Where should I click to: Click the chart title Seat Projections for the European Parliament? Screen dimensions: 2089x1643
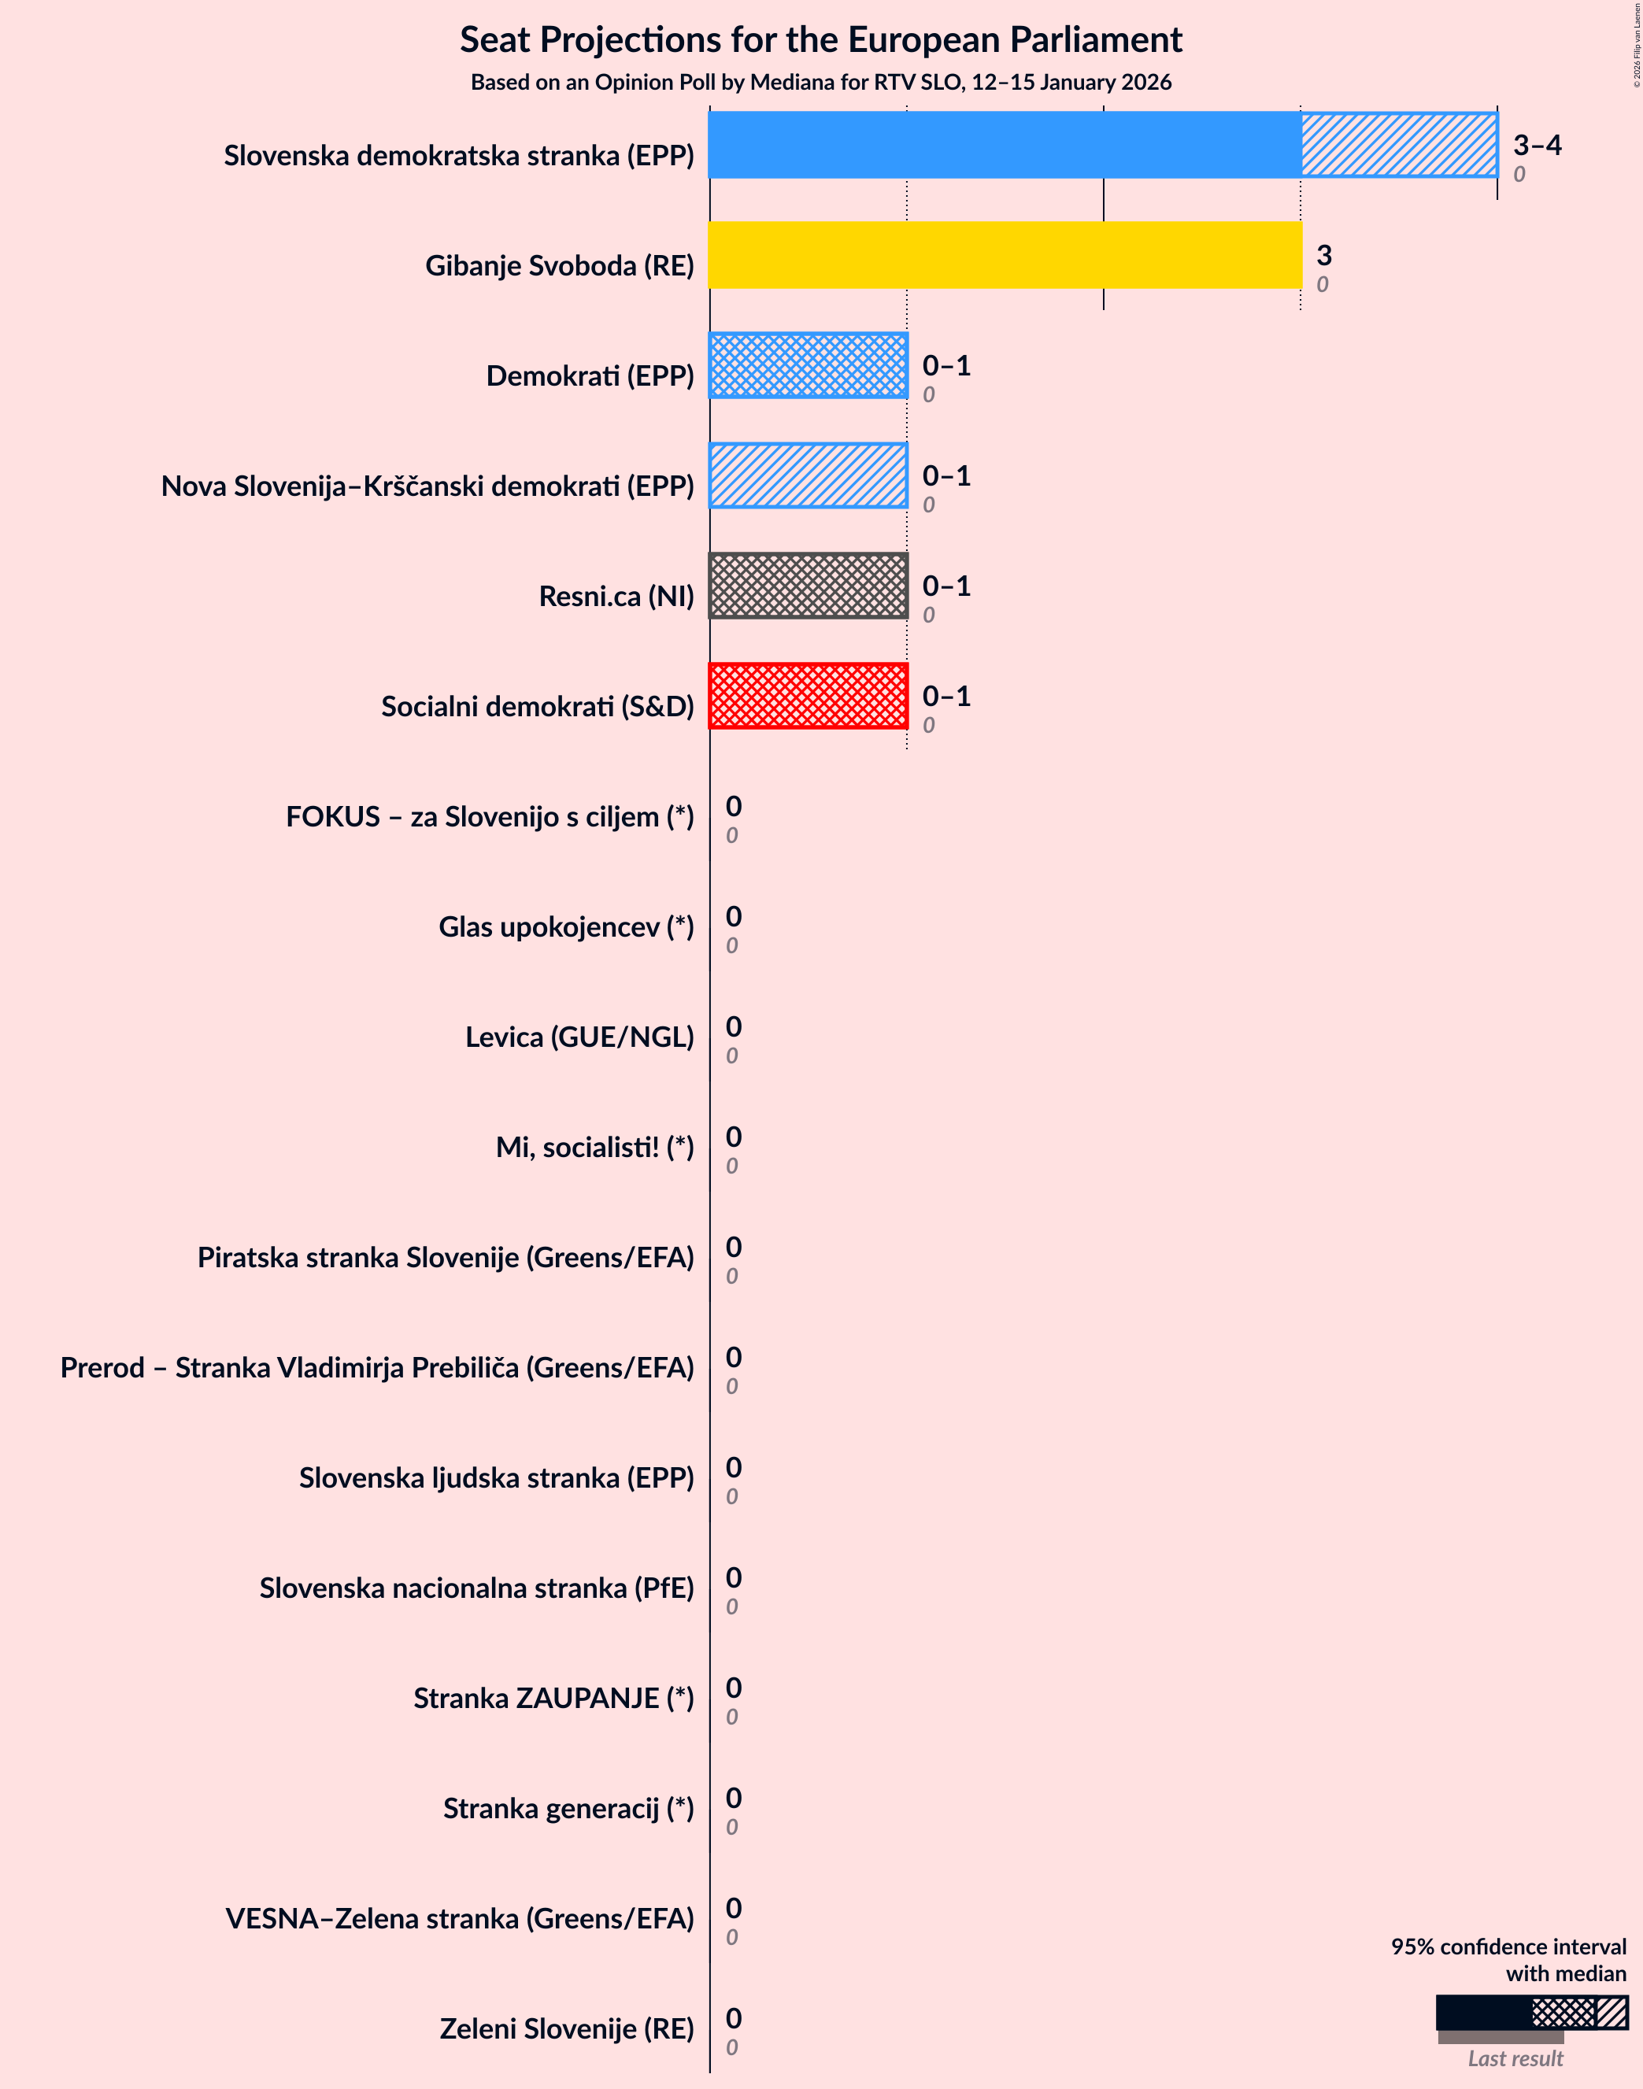click(x=820, y=39)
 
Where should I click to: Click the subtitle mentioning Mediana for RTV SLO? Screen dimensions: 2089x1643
click(x=820, y=83)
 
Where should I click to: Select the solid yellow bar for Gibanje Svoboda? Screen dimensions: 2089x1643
click(x=1005, y=255)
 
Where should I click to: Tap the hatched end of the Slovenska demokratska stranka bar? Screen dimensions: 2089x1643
click(x=1399, y=146)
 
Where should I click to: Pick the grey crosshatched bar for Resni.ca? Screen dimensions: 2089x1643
click(x=808, y=586)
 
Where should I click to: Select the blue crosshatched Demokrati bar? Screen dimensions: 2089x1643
click(x=808, y=365)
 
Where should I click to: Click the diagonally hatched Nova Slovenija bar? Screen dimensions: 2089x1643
click(x=808, y=475)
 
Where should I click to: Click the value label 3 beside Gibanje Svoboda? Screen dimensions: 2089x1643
click(x=1323, y=255)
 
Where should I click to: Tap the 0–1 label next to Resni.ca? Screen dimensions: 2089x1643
click(x=945, y=586)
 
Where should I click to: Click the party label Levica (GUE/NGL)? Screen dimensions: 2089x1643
click(x=579, y=1037)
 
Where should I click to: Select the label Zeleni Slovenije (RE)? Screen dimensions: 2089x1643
click(x=567, y=2028)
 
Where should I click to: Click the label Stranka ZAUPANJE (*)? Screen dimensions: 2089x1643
click(x=553, y=1698)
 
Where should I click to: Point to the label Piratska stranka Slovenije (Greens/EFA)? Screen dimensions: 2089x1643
click(x=446, y=1257)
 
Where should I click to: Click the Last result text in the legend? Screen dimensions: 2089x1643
click(x=1515, y=2058)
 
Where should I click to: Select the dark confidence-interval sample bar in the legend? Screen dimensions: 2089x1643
click(x=1483, y=2012)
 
